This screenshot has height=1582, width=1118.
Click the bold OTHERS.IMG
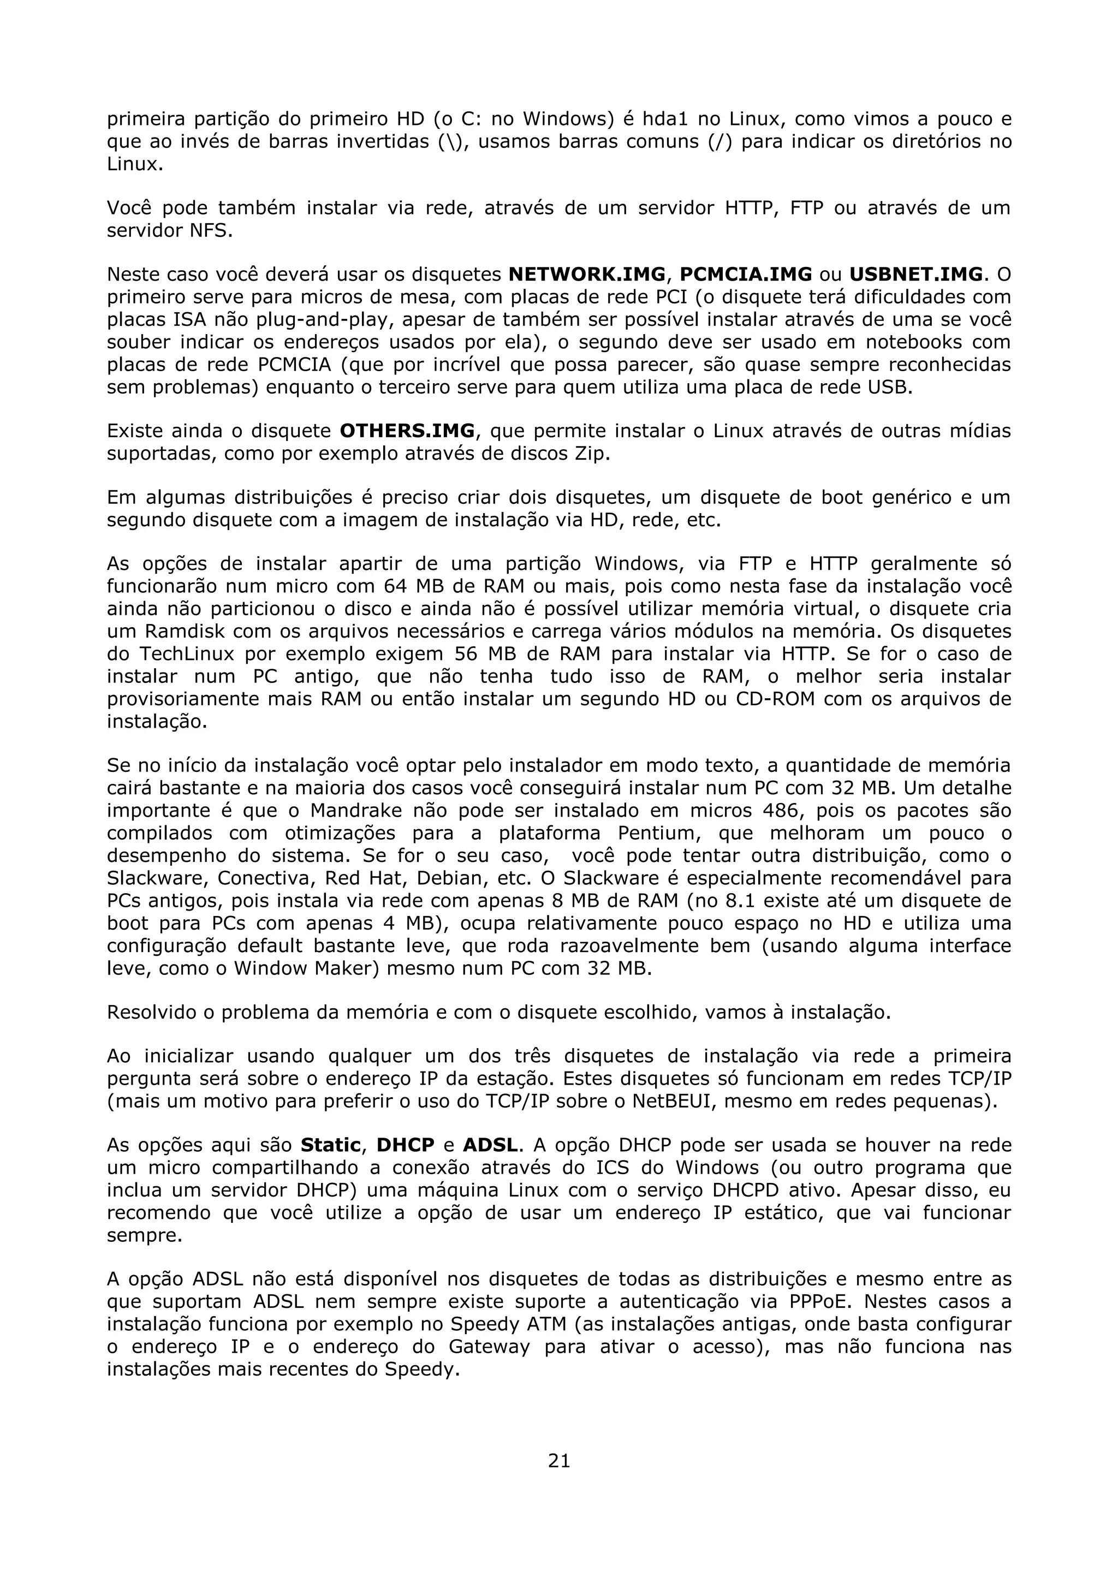pos(407,431)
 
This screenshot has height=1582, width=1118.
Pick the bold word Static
pos(331,1145)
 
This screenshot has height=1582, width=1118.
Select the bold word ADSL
pos(490,1145)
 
